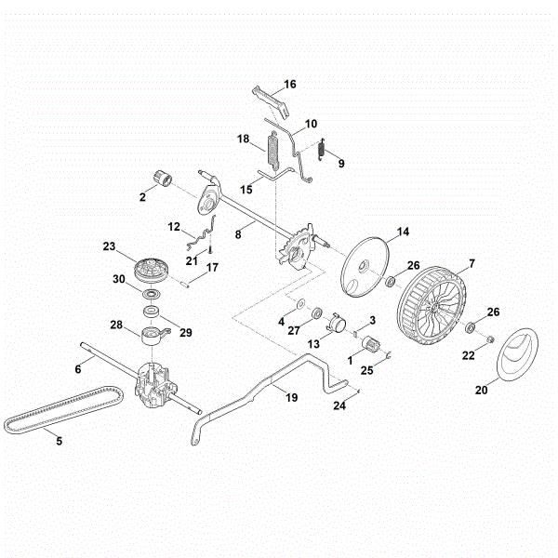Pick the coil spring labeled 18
pos(274,151)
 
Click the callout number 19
pos(291,397)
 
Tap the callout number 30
pos(119,279)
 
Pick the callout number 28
pos(117,325)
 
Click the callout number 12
pos(174,227)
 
